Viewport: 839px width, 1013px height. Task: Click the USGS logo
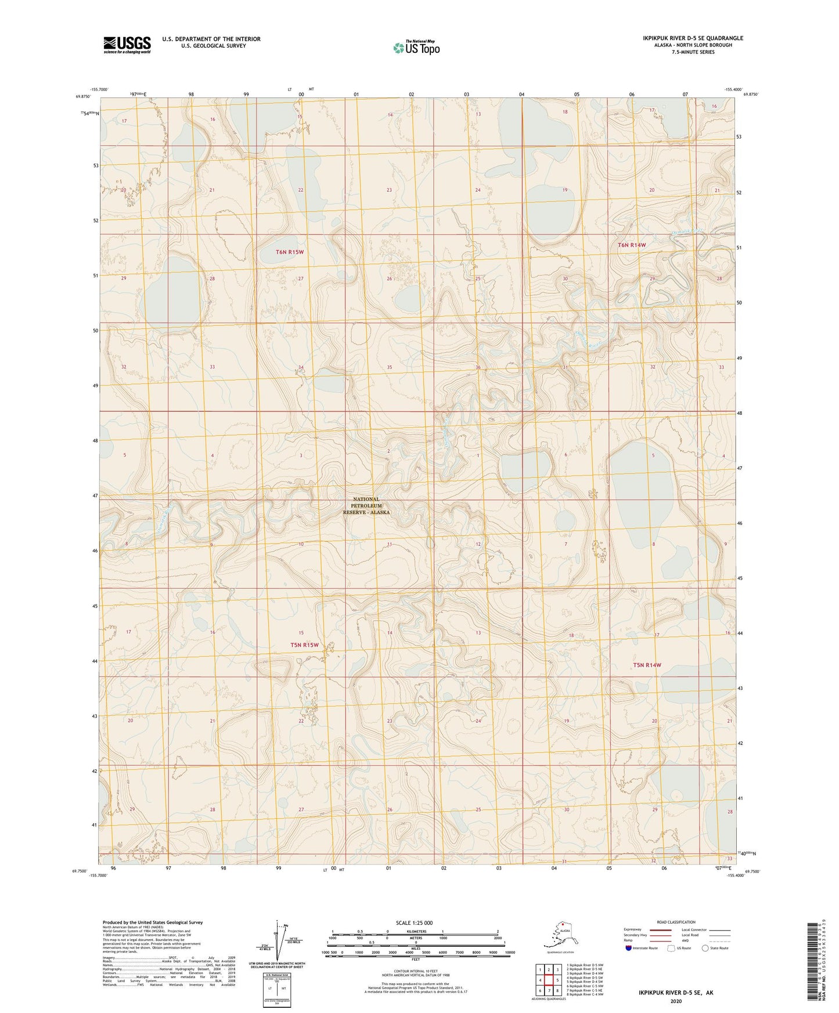tap(127, 45)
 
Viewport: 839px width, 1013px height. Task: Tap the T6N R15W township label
tap(289, 252)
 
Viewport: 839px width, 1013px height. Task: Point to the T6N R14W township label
tap(631, 245)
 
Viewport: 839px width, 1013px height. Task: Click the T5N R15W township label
tap(305, 645)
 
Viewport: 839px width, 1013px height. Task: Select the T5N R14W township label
tap(647, 665)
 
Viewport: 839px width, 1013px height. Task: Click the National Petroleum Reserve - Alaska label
tap(366, 505)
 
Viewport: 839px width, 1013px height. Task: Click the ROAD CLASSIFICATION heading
tap(676, 922)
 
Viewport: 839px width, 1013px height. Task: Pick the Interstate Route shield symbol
tap(629, 948)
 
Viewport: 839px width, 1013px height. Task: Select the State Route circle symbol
tap(705, 948)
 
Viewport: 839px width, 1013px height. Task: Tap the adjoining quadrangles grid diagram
tap(548, 981)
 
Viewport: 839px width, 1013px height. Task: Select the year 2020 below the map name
tap(676, 1001)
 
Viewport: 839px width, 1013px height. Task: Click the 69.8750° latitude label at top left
tap(84, 97)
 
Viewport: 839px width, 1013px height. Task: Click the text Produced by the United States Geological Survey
tap(153, 922)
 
